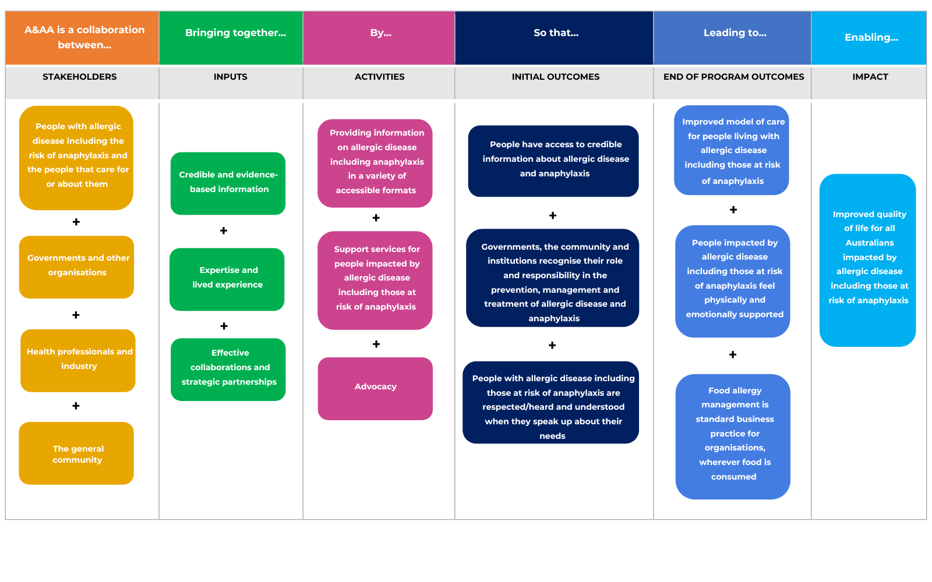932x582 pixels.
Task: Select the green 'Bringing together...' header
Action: [x=231, y=37]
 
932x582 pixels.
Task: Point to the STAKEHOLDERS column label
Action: [x=79, y=76]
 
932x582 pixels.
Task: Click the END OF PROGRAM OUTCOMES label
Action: [x=733, y=76]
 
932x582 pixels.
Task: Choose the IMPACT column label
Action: [x=870, y=76]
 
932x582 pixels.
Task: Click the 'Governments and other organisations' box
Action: [x=76, y=267]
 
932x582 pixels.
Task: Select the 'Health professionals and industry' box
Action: [x=78, y=360]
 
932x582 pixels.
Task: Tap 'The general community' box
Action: [x=76, y=453]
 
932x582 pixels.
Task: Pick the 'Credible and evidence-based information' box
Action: [x=228, y=183]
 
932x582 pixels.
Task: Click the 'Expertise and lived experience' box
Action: [x=227, y=279]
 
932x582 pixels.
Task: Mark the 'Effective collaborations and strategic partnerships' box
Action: [x=228, y=370]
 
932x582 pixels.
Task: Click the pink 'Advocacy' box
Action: [x=375, y=389]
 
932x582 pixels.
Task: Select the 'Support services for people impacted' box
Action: [x=375, y=281]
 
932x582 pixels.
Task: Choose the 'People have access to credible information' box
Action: [x=553, y=161]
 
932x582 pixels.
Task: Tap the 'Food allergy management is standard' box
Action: [x=733, y=436]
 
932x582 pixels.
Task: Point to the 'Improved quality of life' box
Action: [x=868, y=260]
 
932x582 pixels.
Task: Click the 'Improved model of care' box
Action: [x=732, y=150]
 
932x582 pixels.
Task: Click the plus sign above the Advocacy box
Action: [x=376, y=344]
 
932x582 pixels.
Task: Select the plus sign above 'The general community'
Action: [x=76, y=405]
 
